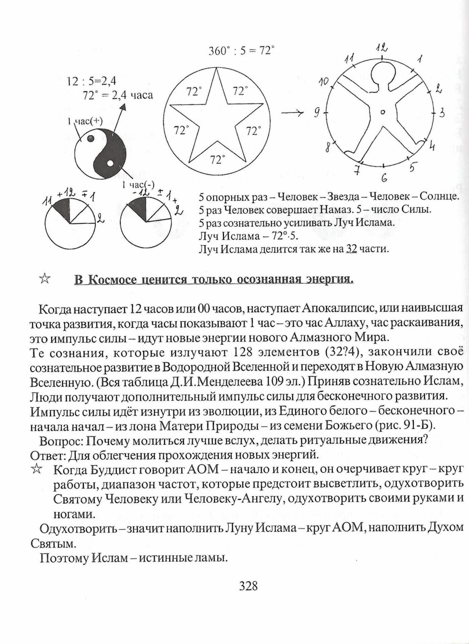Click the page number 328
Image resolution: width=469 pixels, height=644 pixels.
pos(248,586)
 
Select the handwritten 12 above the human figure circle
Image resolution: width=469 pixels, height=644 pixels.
pos(382,49)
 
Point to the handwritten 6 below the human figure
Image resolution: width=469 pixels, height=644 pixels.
pos(384,178)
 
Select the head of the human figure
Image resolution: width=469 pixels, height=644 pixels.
pos(383,77)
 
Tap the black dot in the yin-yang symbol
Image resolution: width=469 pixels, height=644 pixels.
pos(90,138)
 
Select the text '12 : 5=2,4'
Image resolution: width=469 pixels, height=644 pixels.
pos(92,81)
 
